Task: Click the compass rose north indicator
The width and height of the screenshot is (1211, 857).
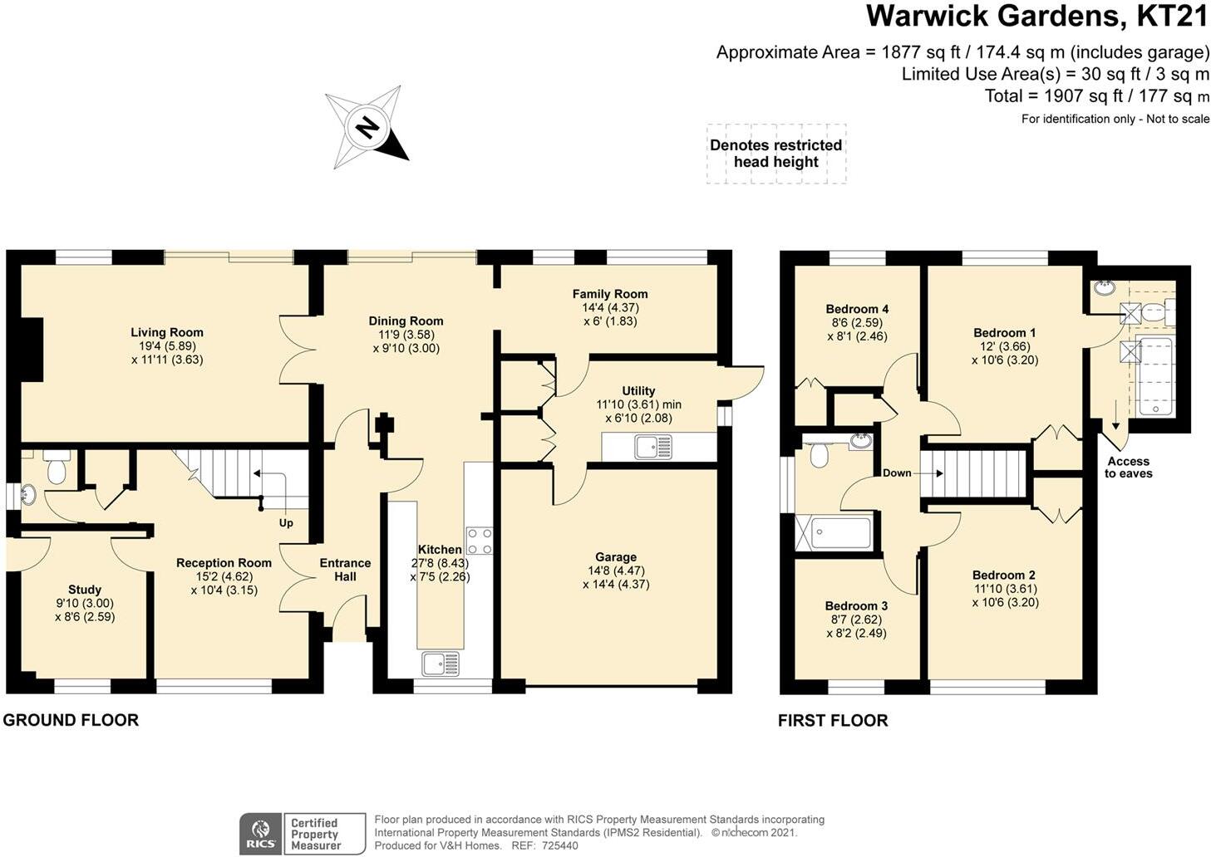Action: click(367, 128)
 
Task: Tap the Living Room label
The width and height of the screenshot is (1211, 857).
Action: click(166, 332)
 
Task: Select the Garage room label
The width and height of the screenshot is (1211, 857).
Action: click(615, 557)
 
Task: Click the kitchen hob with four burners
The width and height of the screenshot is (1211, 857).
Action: click(479, 541)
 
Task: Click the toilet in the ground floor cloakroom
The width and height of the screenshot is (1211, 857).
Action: click(57, 468)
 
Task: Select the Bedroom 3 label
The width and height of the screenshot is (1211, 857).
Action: click(856, 606)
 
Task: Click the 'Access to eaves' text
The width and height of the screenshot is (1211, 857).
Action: click(1128, 468)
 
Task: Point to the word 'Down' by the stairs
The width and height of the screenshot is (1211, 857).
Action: click(897, 473)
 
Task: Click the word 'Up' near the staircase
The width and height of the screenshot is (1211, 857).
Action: click(286, 523)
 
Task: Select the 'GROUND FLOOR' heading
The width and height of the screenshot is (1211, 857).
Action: click(71, 720)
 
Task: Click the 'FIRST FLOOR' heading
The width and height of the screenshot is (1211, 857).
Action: click(833, 721)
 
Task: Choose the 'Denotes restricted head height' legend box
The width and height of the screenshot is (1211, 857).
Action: click(776, 154)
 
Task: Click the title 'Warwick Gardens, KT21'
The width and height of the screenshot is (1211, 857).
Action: click(1036, 17)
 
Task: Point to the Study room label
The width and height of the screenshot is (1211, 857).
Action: click(85, 590)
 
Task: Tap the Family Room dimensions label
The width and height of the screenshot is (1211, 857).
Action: click(610, 314)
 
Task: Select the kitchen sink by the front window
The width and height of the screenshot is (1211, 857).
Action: click(441, 664)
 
